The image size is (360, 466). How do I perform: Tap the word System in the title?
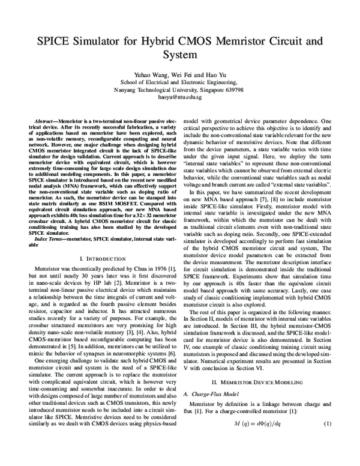tap(180, 55)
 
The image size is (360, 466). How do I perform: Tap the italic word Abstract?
tap(46, 121)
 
